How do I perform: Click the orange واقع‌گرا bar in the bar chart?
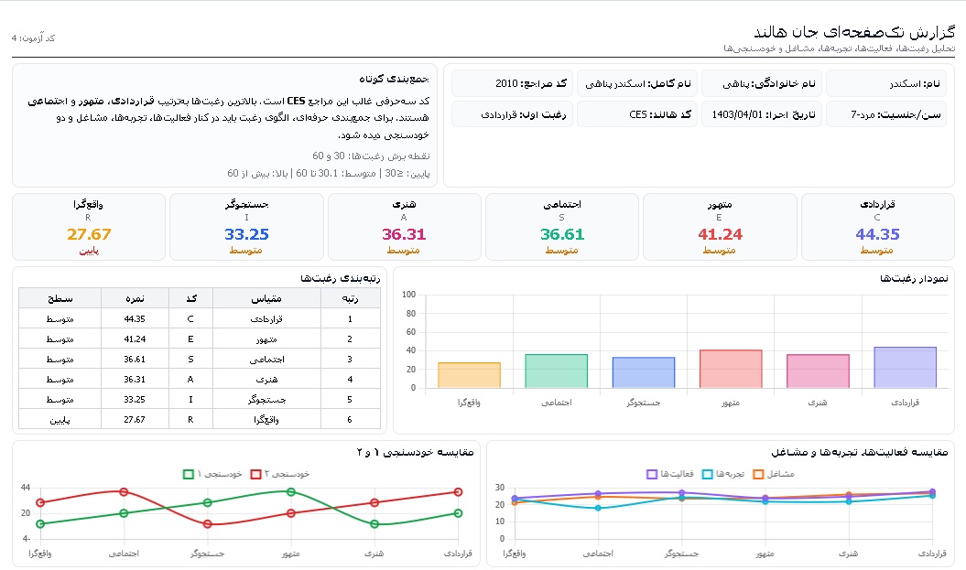(469, 375)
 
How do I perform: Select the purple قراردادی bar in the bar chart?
(905, 368)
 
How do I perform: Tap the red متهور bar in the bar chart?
(731, 369)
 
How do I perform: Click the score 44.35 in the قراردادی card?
(877, 234)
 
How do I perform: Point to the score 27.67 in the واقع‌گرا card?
(89, 234)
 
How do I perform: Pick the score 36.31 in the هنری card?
(404, 234)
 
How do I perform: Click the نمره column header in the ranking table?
(135, 298)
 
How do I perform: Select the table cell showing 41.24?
(135, 339)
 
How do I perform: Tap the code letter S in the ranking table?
(190, 360)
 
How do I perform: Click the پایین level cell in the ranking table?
(60, 420)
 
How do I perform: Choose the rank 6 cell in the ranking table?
(349, 420)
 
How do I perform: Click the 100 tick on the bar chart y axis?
(408, 295)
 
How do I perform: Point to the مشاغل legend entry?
(774, 474)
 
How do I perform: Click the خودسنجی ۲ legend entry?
(279, 474)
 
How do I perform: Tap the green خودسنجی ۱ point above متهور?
(291, 492)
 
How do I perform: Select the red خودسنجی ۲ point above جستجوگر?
(208, 524)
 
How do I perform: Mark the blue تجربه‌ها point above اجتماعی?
(598, 508)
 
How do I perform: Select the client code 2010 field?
(513, 83)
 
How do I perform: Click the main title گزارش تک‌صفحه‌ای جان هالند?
(854, 31)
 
